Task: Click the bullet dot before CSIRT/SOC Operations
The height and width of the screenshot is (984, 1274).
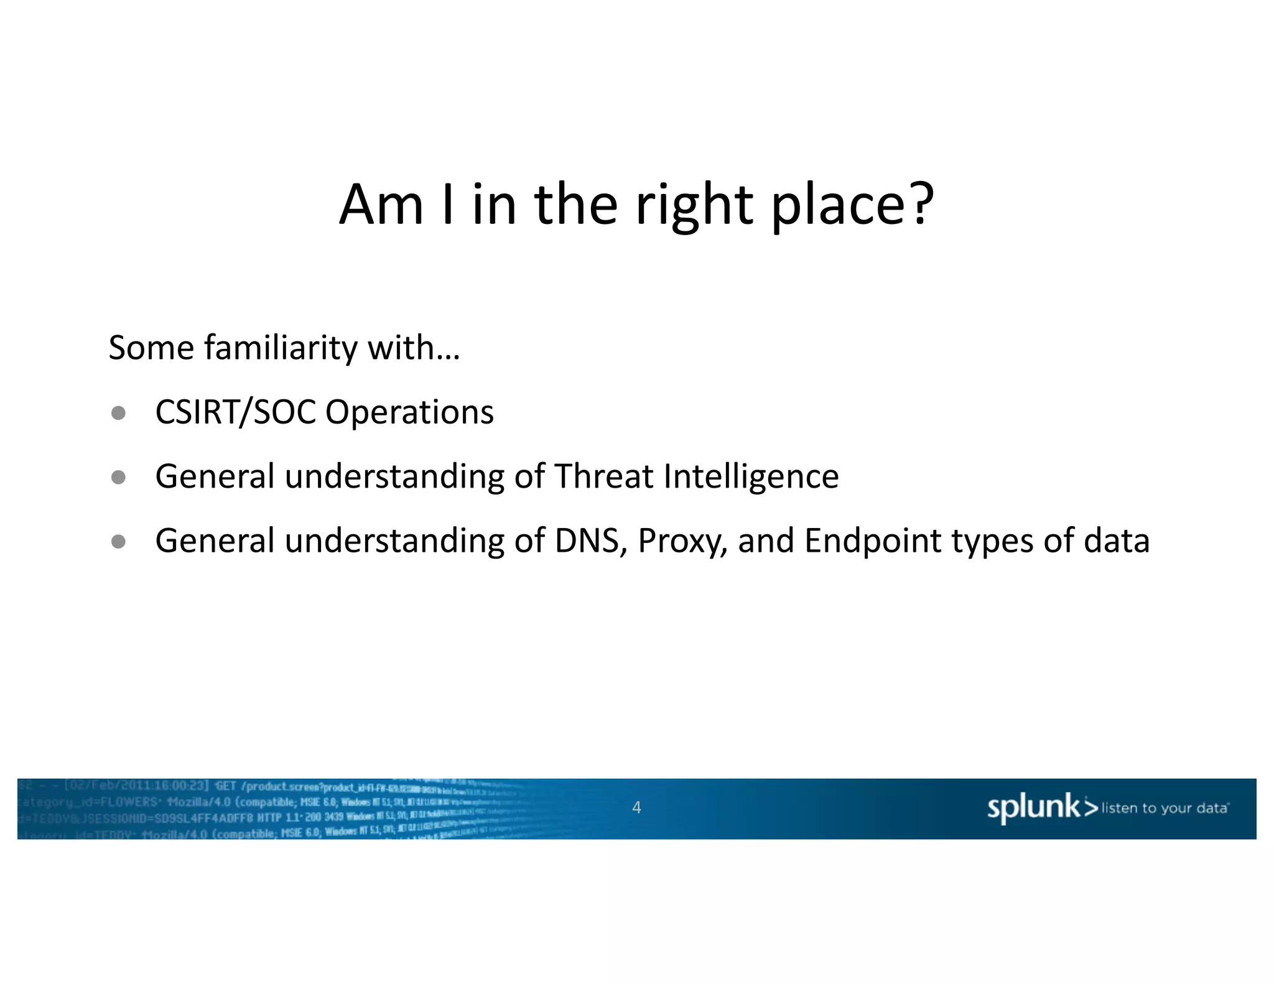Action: pos(118,413)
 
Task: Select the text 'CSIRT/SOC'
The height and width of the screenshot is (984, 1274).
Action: pos(236,412)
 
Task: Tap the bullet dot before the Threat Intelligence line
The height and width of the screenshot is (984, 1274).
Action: pos(118,477)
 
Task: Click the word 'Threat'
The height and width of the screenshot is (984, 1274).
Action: pos(603,476)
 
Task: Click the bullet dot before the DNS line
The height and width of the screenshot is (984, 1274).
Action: pos(118,541)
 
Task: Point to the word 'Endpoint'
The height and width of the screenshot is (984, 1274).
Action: pos(873,541)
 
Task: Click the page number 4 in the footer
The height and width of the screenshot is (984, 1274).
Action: pos(636,807)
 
